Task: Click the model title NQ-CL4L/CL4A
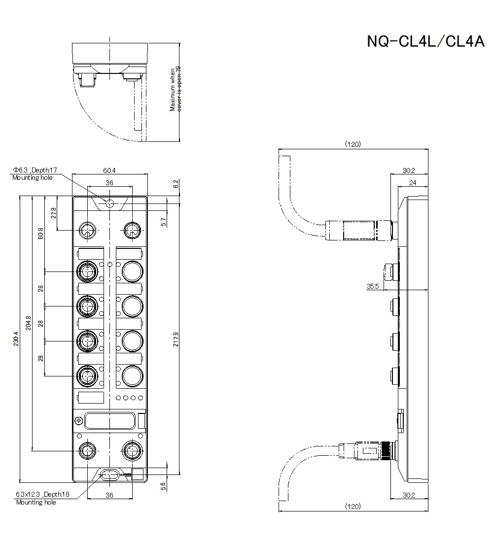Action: point(425,41)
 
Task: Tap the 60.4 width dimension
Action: point(109,170)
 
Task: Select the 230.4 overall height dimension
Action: point(16,339)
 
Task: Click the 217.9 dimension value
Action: point(176,339)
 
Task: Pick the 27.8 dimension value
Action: point(54,213)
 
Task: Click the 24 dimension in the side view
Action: point(412,183)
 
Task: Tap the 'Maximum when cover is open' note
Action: point(176,89)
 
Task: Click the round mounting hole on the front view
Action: point(109,203)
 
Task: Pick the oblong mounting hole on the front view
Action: point(109,474)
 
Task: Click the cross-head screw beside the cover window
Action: point(78,421)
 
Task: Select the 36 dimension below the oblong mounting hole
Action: point(109,495)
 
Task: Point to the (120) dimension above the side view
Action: point(352,144)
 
